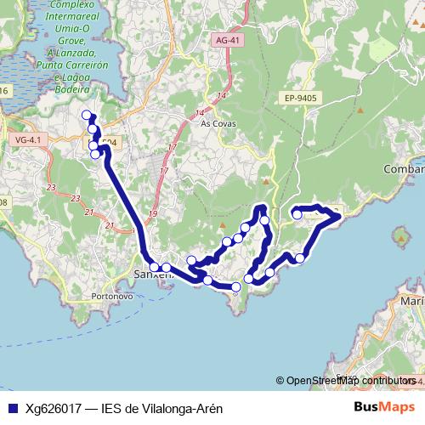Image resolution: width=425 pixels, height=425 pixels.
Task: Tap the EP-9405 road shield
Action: coord(301,99)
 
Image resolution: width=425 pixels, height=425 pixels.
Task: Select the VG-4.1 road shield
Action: coord(27,139)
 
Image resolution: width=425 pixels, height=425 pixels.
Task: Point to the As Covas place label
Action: coord(216,123)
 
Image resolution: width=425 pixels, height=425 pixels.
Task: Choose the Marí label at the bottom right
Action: coord(411,301)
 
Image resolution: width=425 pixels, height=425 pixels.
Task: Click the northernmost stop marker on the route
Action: coord(86,116)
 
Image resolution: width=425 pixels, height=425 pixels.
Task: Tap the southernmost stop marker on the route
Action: coord(235,288)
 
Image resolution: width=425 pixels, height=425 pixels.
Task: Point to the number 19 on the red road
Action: coord(154,213)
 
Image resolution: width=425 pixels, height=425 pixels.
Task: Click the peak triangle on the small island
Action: coord(397,236)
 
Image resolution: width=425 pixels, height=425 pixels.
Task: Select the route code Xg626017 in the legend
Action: coord(54,408)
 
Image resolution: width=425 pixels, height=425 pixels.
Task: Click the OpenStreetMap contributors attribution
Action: coord(349,381)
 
